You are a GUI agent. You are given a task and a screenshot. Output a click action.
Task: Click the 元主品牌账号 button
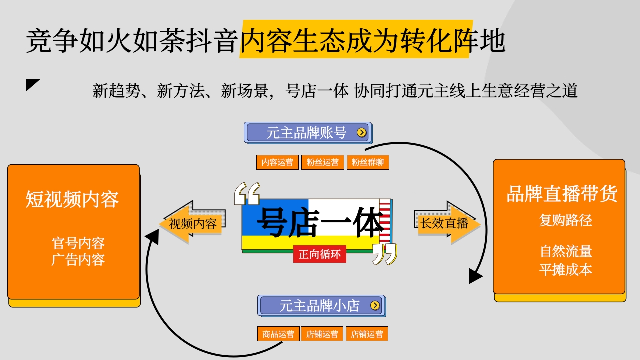point(308,133)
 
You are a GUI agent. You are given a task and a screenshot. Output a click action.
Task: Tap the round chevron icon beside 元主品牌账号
point(361,132)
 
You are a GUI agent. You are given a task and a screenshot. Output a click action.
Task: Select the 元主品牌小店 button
point(321,306)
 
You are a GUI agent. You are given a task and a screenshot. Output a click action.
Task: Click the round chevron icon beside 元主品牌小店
point(375,305)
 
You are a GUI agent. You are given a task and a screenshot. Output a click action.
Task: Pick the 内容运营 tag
point(277,162)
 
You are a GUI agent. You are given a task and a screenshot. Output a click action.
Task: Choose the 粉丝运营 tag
point(323,162)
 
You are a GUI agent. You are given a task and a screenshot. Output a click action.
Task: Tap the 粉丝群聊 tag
point(368,162)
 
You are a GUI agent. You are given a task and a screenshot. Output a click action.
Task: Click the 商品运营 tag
point(278,334)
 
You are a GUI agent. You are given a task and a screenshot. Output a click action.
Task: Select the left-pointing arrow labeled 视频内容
point(192,223)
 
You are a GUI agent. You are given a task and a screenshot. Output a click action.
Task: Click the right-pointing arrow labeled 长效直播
point(447,223)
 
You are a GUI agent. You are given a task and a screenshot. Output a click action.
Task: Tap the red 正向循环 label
point(320,254)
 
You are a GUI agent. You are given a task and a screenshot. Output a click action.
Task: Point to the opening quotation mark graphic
point(247,194)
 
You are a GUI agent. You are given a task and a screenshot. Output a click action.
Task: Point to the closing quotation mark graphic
point(385,254)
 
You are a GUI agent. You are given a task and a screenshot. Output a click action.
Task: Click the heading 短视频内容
point(72,199)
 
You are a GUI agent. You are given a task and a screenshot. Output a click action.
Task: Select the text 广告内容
point(78,260)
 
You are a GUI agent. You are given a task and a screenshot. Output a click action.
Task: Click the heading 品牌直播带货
point(562,194)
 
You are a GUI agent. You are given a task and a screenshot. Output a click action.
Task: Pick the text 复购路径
point(565,220)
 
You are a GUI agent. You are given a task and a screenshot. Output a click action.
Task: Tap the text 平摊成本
point(565,270)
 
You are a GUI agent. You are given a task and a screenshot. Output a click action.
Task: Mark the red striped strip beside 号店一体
point(385,221)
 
